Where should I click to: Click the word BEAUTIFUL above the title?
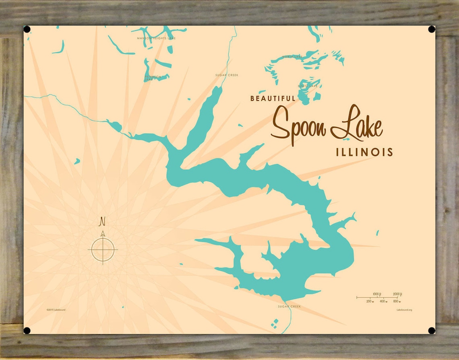tap(273, 98)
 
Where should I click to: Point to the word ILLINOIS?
tap(364, 152)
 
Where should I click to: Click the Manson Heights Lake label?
tap(156, 39)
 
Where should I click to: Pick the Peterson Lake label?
tap(153, 78)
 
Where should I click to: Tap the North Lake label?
tap(292, 57)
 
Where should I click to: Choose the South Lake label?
tap(308, 86)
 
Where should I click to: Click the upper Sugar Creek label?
tap(227, 75)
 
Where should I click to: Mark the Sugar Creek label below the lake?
tap(289, 307)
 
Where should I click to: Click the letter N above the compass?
tap(103, 221)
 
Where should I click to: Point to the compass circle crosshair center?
tap(103, 249)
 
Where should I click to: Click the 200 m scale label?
tap(370, 301)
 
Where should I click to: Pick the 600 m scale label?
tap(396, 301)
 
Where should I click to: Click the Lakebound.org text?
tap(404, 310)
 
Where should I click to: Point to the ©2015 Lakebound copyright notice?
tap(56, 310)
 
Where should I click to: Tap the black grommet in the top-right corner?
tap(432, 29)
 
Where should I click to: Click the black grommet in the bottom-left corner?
tap(27, 331)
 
